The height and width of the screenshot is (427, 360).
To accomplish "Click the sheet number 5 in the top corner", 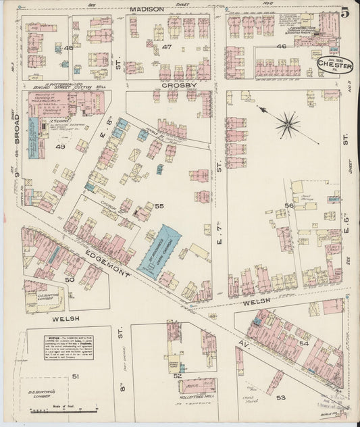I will point(345,11).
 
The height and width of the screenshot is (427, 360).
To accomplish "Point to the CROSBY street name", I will point(178,86).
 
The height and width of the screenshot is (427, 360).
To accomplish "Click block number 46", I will point(282,47).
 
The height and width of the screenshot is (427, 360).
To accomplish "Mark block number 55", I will point(159,205).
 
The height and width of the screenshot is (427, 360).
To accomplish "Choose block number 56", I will point(289,205).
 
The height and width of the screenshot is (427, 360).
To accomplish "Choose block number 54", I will point(303,344).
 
